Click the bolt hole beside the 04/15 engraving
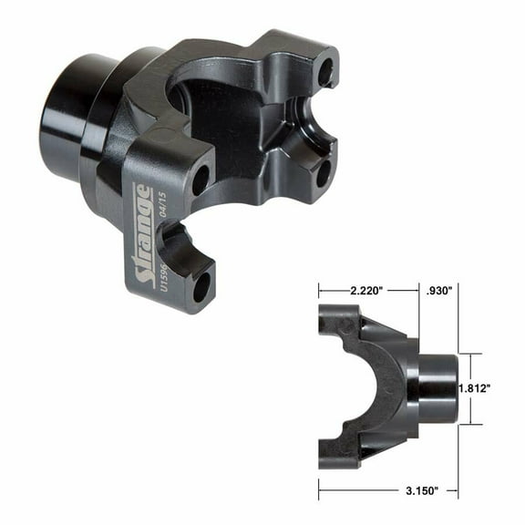(x=200, y=180)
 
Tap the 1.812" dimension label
(x=477, y=388)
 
